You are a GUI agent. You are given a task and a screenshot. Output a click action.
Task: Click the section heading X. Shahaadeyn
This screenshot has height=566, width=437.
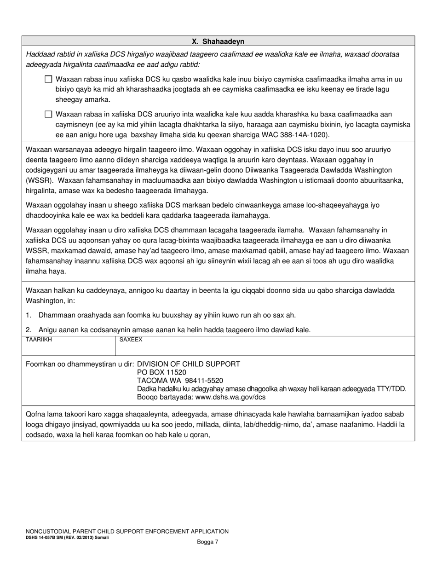(x=218, y=41)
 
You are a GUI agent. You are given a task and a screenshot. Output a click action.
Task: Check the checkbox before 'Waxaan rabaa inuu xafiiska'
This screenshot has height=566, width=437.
(x=48, y=79)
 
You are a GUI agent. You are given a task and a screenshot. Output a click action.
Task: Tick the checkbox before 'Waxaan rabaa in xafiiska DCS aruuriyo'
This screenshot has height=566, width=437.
(x=48, y=114)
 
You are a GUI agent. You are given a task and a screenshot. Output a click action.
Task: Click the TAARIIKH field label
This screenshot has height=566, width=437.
(x=39, y=340)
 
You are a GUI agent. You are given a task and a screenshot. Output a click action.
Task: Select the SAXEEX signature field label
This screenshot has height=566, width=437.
(x=131, y=340)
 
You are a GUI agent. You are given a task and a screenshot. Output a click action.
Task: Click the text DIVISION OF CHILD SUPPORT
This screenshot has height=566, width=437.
(x=189, y=364)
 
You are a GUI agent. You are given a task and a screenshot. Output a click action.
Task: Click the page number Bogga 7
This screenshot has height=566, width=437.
(x=207, y=542)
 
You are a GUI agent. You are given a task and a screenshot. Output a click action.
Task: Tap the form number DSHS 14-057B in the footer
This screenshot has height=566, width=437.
(x=44, y=537)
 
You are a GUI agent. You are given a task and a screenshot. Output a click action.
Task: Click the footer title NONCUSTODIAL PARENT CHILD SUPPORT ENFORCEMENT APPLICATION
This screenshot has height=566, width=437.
(x=127, y=531)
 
